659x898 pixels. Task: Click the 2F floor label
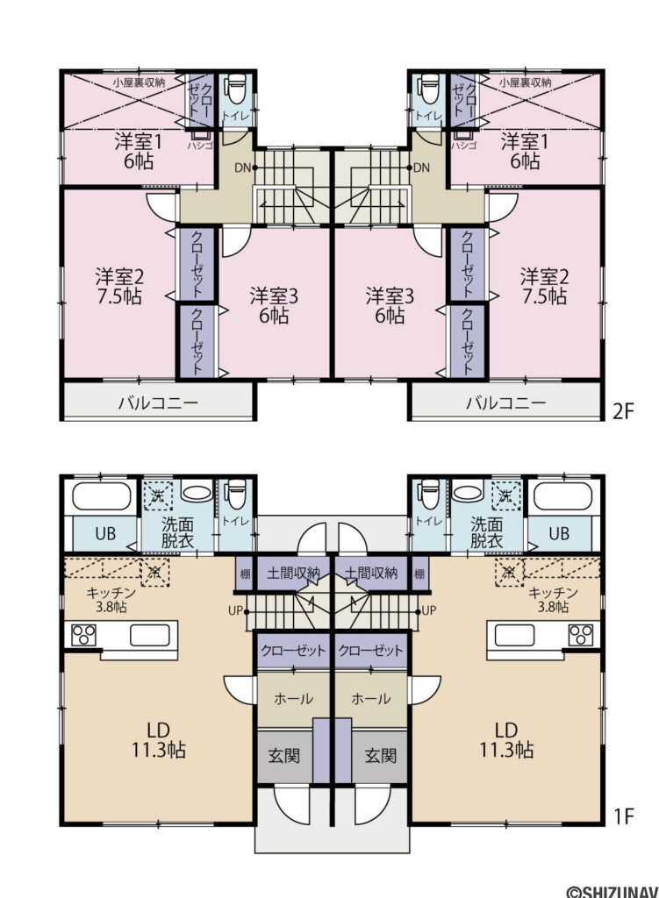[624, 411]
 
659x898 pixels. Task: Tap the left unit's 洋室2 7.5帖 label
[119, 287]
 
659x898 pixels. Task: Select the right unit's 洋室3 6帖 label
[390, 306]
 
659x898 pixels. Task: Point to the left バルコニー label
[158, 403]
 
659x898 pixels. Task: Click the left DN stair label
[242, 167]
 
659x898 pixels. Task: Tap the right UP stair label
[428, 610]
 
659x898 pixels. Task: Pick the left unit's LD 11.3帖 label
[158, 740]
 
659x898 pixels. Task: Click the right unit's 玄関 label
[381, 756]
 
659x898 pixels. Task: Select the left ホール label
[293, 699]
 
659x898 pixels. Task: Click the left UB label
[105, 534]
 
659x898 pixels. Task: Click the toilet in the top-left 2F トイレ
[235, 90]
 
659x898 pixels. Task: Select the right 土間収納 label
[371, 573]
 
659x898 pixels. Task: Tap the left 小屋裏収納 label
[139, 82]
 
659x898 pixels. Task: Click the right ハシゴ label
[463, 146]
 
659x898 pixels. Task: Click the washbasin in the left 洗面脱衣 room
[197, 492]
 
